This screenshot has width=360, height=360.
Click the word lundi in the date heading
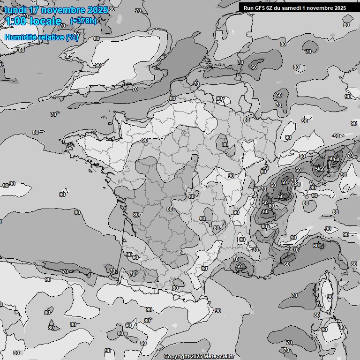[16, 10]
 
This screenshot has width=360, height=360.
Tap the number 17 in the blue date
[34, 10]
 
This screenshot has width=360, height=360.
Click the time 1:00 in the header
[17, 21]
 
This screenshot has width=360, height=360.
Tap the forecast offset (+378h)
[83, 21]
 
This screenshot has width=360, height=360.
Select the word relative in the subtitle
[52, 37]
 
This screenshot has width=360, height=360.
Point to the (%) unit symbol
[73, 37]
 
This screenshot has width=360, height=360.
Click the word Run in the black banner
[248, 8]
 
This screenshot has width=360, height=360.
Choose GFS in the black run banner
[260, 8]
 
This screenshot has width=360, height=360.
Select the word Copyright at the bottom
[176, 356]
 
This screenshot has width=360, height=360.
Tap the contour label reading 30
[255, 250]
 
